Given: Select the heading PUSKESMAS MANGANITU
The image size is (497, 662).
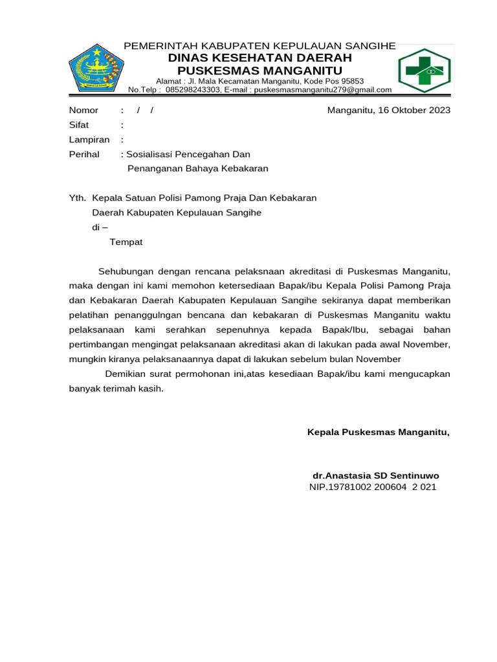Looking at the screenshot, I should tap(260, 70).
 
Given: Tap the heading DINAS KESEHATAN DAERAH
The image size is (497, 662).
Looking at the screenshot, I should tap(260, 58).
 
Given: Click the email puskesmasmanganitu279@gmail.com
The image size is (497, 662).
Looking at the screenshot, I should tap(322, 90).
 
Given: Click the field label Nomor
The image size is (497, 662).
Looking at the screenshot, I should tap(83, 110).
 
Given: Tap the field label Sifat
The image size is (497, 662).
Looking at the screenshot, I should tap(79, 125).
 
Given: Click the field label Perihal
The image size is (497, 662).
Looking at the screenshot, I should tap(84, 155).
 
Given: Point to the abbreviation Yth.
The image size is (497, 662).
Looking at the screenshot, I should tap(77, 198).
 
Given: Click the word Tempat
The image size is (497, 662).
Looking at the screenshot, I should tap(126, 242).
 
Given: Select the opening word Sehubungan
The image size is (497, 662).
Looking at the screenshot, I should tap(125, 270).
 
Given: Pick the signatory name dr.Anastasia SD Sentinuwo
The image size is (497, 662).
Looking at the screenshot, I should tap(375, 475).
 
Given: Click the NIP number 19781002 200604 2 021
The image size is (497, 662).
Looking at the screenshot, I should tap(386, 487).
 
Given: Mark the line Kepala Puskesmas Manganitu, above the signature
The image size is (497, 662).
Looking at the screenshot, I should tap(378, 431).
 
